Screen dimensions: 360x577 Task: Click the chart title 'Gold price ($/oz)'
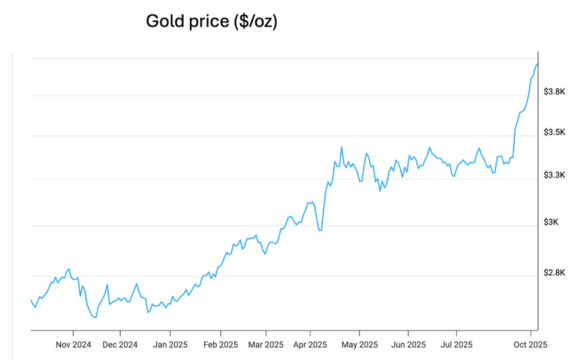tap(211, 22)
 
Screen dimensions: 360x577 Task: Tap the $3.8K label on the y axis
tap(555, 92)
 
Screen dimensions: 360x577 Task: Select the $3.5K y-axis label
tap(555, 132)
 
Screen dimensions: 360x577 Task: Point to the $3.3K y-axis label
tap(555, 175)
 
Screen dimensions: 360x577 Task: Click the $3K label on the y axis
tap(551, 222)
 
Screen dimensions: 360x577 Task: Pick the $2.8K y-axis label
tap(555, 273)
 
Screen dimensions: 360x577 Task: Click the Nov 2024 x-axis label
tap(74, 345)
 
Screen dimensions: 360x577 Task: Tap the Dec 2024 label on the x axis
tap(120, 345)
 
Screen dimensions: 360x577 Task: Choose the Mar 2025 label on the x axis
tap(266, 345)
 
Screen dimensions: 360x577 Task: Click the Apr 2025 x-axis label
tap(310, 345)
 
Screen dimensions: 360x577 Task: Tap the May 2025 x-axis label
tap(360, 345)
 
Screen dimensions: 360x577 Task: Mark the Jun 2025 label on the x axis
tap(408, 345)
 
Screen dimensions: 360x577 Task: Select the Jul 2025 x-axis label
tap(456, 345)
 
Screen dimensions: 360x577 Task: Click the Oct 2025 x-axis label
tap(531, 345)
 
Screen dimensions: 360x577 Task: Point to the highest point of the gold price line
tap(537, 64)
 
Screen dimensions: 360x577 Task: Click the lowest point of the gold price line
tap(96, 318)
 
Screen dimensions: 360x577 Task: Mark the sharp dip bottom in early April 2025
tap(320, 230)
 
